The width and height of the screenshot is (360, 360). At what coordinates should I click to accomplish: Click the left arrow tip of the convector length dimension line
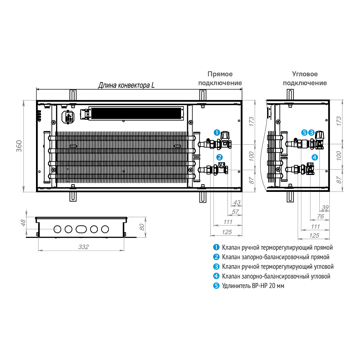36,89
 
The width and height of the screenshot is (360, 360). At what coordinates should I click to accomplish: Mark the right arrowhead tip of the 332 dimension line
124,250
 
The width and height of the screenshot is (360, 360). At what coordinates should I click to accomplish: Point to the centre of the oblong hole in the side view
81,229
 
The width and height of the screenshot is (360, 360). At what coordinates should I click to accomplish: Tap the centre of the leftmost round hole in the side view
57,229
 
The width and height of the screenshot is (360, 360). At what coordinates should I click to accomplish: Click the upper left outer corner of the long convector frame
36,100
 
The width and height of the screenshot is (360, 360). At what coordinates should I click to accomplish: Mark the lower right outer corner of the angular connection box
329,192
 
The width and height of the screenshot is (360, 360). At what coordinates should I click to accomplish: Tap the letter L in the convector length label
153,85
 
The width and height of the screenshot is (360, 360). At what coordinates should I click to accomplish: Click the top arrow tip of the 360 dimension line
24,100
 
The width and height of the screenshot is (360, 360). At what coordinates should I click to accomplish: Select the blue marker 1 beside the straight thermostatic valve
217,132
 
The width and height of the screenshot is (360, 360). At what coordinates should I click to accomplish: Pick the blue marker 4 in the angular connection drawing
315,157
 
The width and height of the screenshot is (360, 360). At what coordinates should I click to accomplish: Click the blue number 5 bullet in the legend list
216,285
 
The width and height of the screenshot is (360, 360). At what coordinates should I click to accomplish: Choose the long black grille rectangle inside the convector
136,113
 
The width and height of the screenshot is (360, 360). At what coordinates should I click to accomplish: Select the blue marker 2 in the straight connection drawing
220,157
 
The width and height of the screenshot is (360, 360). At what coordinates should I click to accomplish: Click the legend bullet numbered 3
216,266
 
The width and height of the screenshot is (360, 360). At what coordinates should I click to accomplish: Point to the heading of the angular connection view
305,78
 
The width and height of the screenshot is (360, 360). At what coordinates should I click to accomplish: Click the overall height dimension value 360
19,146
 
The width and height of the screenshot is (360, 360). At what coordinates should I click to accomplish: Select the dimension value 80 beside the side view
142,227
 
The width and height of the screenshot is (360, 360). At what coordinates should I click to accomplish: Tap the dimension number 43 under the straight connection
237,202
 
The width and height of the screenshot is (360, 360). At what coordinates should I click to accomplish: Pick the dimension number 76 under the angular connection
320,216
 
